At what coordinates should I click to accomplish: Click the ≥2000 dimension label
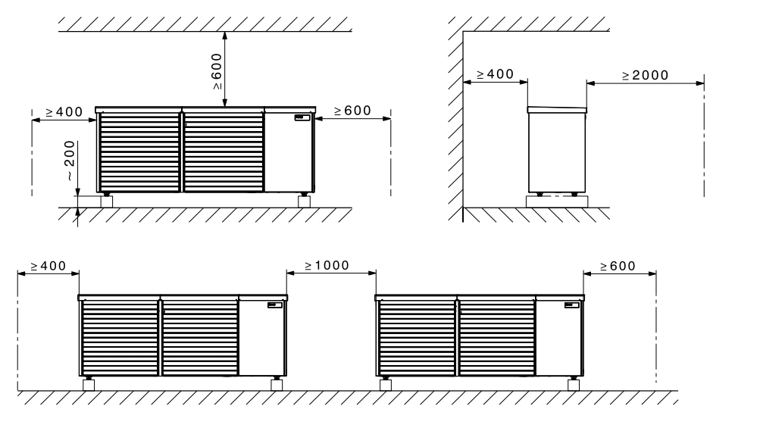click(x=645, y=75)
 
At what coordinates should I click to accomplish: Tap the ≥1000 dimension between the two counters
click(x=327, y=266)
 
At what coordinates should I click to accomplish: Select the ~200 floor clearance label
click(x=70, y=161)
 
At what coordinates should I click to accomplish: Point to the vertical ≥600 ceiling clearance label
click(x=217, y=71)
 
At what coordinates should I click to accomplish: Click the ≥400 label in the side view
click(x=495, y=74)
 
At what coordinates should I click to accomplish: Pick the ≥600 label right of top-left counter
click(x=352, y=111)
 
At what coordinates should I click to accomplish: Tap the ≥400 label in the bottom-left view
click(x=48, y=266)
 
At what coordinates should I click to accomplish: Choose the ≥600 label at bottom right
click(x=618, y=266)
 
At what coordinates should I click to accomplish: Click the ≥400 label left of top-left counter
click(x=64, y=112)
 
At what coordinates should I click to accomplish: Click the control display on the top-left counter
click(x=302, y=117)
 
